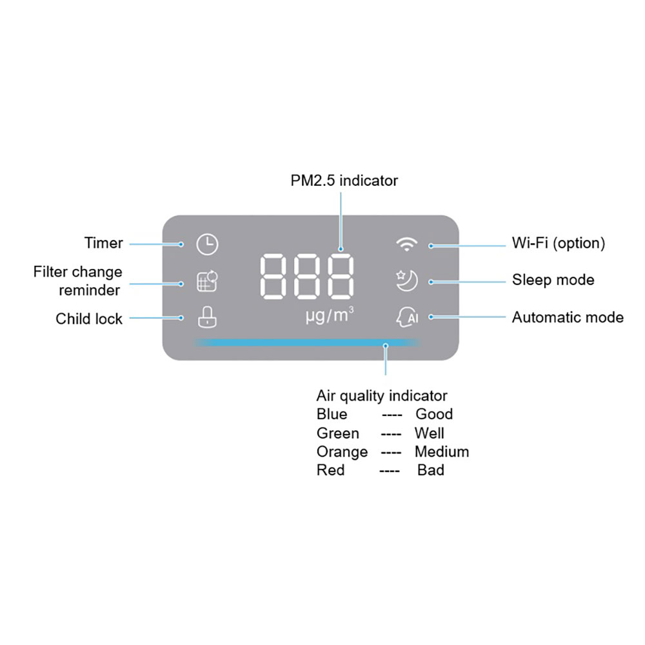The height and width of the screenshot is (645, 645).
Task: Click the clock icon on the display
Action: (x=208, y=244)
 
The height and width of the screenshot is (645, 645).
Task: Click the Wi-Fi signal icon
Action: (x=407, y=244)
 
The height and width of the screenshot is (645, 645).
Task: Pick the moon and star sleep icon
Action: (x=407, y=281)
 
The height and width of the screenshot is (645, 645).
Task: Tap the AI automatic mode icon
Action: (x=408, y=317)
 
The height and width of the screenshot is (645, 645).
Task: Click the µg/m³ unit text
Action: (x=329, y=316)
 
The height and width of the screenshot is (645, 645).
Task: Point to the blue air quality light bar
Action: (x=307, y=342)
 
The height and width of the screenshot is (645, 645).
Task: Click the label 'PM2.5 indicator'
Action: (x=344, y=181)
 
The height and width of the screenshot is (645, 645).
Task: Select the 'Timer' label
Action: (x=103, y=243)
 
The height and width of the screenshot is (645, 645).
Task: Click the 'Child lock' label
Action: (x=89, y=319)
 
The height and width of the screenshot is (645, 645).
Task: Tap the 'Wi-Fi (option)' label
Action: (x=559, y=243)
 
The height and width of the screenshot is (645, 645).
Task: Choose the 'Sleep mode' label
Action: (x=553, y=280)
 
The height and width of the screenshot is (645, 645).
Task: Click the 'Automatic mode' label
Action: (x=568, y=317)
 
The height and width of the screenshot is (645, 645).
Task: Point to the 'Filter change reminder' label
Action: (x=78, y=281)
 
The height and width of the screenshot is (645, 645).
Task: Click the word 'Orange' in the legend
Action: (x=342, y=452)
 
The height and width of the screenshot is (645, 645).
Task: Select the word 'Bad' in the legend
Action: (x=431, y=470)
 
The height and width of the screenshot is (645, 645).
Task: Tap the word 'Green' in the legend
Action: (x=338, y=433)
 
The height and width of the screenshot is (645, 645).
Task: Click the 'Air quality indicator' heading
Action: (x=382, y=395)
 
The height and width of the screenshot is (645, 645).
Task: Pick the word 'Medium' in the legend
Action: (x=442, y=451)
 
